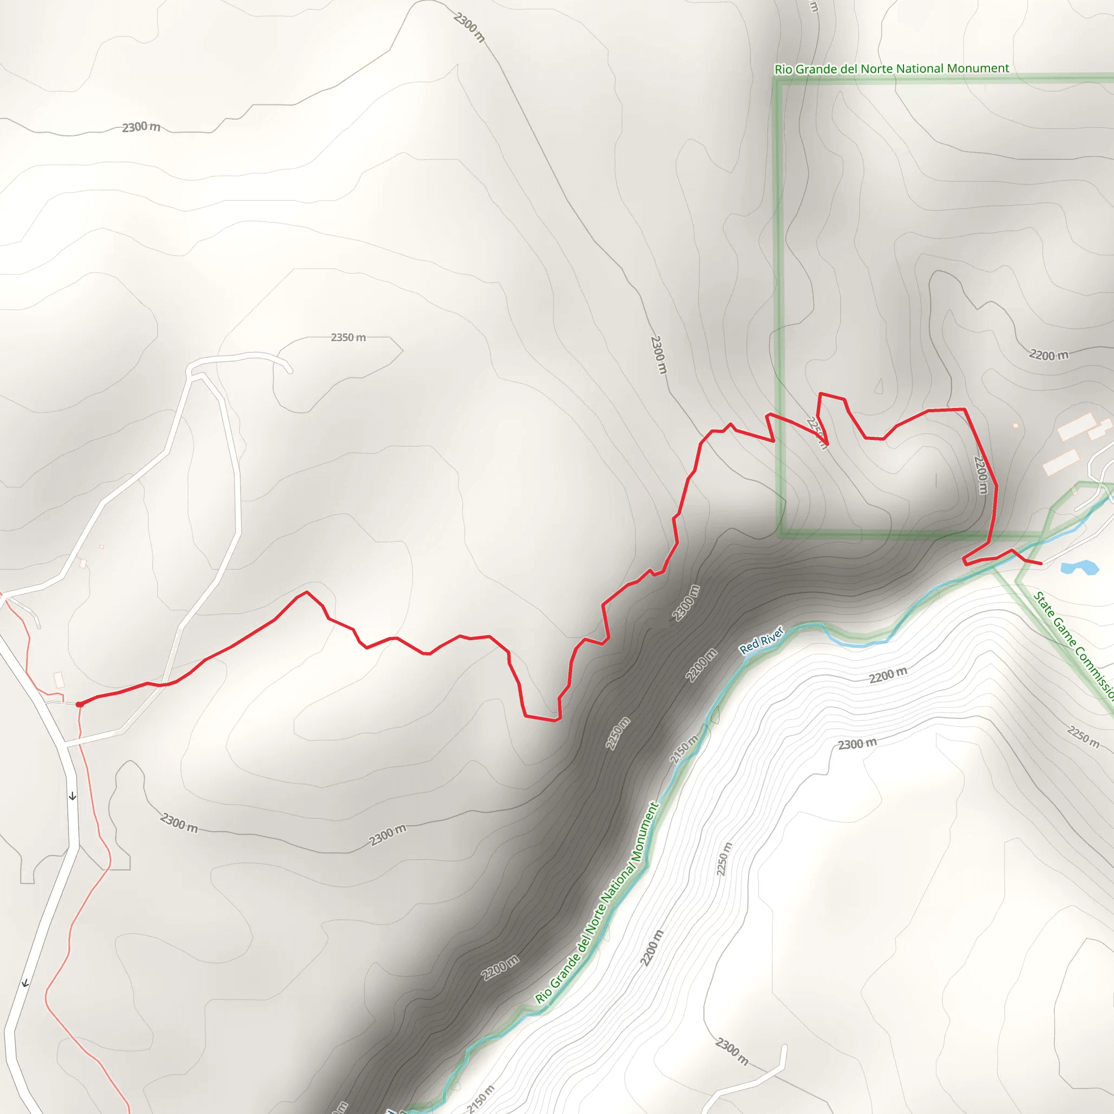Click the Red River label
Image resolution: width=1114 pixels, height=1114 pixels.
click(761, 640)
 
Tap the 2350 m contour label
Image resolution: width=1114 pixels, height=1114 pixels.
click(348, 337)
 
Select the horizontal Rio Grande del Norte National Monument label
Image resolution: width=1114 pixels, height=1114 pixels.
click(892, 69)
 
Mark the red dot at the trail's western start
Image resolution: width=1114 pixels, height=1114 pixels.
click(79, 704)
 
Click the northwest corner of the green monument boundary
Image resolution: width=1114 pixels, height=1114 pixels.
click(777, 80)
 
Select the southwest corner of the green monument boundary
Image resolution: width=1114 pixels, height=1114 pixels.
click(781, 534)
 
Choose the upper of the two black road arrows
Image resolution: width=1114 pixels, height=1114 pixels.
click(72, 797)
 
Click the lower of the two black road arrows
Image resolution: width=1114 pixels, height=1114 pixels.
click(25, 983)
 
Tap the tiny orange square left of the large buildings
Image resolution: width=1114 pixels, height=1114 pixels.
click(1016, 425)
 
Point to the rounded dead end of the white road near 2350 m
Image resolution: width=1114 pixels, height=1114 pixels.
click(289, 370)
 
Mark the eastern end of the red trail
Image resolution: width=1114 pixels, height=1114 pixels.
click(1041, 564)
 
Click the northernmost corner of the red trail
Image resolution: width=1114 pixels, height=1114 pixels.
click(820, 394)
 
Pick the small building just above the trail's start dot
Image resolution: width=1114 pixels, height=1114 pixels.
click(59, 679)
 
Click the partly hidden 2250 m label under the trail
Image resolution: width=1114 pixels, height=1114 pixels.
click(816, 432)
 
